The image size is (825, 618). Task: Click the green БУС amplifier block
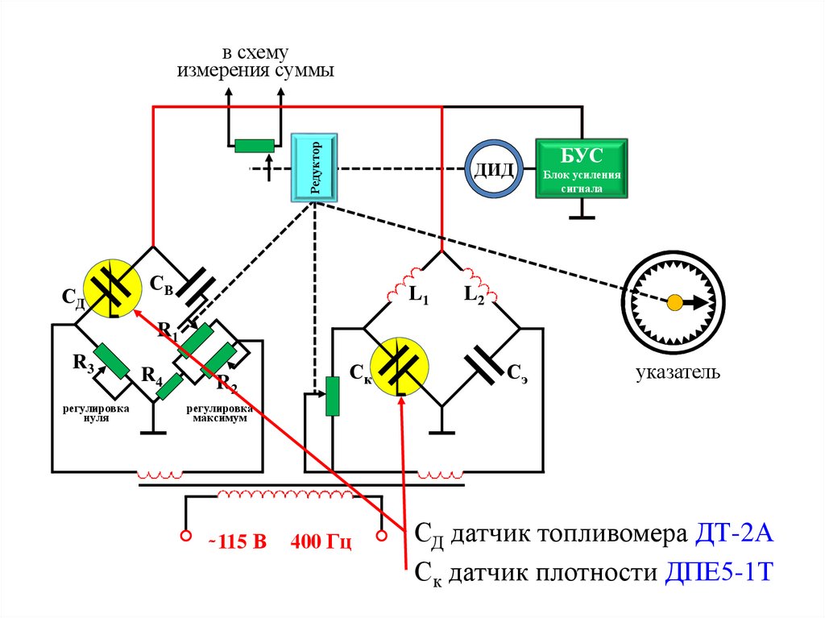point(582,169)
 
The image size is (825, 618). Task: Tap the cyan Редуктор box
point(314,167)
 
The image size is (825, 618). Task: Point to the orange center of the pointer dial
point(674,302)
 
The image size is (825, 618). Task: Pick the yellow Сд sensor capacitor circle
point(111,289)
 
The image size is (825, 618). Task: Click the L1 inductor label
point(418,297)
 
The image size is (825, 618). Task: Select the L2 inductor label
point(473,296)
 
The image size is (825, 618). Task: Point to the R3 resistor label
point(83,363)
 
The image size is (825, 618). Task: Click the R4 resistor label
point(152,375)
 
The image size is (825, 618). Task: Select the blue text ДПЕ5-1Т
point(719,573)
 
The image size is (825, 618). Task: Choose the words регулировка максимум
point(218,413)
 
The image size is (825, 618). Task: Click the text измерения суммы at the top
point(255,71)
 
